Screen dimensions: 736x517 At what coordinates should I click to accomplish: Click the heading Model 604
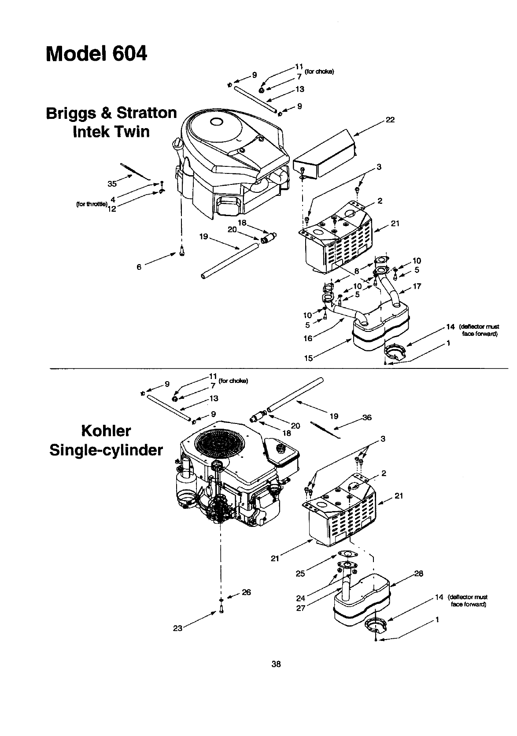(x=96, y=55)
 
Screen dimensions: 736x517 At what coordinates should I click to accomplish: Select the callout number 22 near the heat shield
(x=390, y=119)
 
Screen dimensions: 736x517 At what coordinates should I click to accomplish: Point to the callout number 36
(x=367, y=418)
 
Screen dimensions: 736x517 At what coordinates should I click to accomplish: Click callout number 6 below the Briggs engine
(x=139, y=266)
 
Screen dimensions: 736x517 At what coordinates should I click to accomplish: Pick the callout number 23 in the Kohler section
(x=177, y=629)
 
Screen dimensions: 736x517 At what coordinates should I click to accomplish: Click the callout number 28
(x=418, y=573)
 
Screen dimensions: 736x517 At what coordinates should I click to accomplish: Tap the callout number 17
(x=417, y=287)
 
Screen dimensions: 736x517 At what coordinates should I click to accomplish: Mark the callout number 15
(x=309, y=358)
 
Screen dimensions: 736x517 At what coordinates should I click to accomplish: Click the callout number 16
(x=307, y=338)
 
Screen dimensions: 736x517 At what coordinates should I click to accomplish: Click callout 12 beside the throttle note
(x=111, y=209)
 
